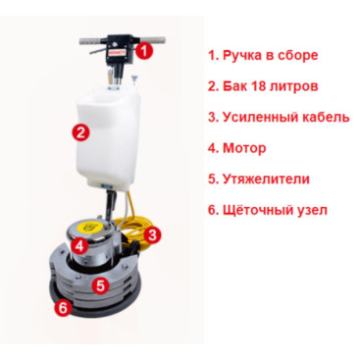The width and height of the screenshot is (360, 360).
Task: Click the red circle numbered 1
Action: coord(144,51)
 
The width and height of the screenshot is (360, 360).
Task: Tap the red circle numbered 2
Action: coord(80,132)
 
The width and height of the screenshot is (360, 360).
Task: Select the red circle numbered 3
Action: coord(152,234)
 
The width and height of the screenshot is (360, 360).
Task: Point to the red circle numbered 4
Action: coord(79,245)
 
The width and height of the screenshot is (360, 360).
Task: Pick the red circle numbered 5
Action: coord(100,285)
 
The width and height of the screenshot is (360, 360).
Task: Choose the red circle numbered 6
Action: coord(63,307)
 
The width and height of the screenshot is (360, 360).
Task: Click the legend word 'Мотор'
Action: coord(244,148)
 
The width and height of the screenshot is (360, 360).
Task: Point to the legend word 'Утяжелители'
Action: coord(266,180)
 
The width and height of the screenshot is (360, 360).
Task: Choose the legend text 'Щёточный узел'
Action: coord(275,210)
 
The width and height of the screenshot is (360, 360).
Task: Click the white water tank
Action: coord(109,137)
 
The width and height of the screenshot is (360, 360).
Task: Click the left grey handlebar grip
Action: coord(90,42)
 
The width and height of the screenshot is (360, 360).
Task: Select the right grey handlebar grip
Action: coord(152,40)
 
